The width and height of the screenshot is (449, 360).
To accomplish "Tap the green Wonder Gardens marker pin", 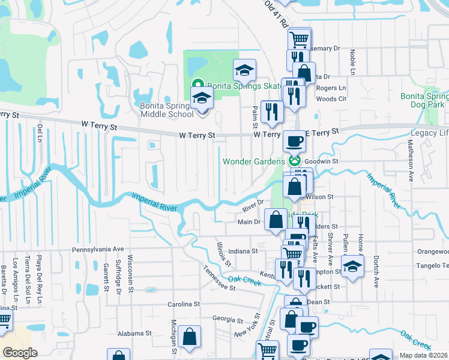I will (294, 161).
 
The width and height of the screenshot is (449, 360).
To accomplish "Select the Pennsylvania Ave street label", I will (97, 249).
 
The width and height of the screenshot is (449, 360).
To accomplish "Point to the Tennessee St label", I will (218, 278).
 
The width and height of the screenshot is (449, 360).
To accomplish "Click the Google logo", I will (20, 353).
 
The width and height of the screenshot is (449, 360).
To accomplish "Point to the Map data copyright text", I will (423, 355).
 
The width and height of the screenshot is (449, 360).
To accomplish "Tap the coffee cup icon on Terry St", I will (294, 142).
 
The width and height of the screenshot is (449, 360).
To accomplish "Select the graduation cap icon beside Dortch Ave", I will (352, 266).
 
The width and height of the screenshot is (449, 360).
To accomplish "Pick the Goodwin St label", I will (322, 161).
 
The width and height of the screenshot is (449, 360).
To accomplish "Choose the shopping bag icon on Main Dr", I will (276, 220).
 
